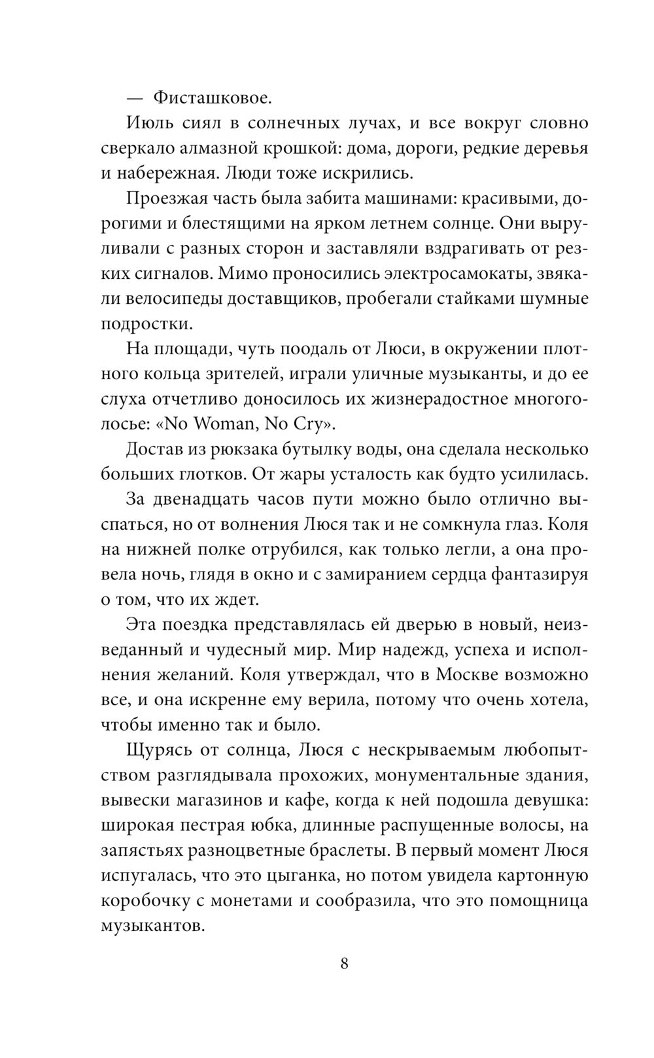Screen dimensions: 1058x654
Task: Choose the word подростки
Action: pos(147,324)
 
